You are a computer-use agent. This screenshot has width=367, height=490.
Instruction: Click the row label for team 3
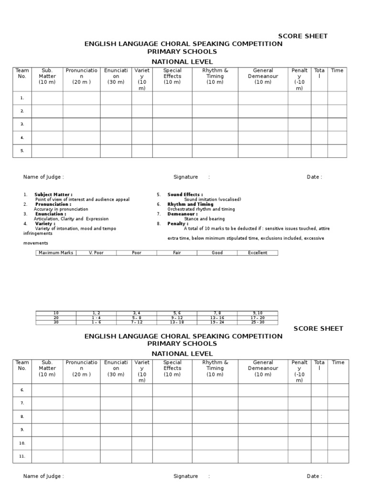coord(22,124)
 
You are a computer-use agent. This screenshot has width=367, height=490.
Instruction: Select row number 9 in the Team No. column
coord(22,430)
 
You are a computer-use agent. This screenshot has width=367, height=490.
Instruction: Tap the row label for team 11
coord(22,457)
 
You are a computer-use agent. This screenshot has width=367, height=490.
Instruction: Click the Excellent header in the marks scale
coord(258,253)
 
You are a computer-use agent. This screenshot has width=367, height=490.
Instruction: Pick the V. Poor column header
coord(97,253)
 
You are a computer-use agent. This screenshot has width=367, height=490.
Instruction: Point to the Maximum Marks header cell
coord(56,253)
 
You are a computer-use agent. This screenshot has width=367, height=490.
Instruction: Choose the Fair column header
coord(177,253)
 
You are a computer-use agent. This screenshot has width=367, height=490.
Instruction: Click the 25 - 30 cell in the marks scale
coord(258,322)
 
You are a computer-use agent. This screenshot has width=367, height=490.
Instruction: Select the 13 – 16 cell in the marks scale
coord(217,318)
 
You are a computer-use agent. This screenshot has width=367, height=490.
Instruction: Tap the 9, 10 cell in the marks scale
coord(258,313)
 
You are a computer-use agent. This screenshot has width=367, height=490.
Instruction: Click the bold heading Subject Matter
coord(53,195)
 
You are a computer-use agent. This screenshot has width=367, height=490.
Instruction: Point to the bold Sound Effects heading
coord(185,195)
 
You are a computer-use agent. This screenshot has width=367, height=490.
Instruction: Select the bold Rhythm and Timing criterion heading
coord(190,204)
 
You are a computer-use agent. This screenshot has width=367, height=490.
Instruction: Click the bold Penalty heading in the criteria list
coord(177,223)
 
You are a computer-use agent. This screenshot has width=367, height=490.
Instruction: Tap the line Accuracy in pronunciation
coord(61,209)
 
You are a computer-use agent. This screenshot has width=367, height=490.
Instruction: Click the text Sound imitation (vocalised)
coord(213,200)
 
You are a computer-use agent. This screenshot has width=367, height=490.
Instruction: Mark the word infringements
coord(38,234)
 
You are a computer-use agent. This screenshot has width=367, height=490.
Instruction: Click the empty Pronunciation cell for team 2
coord(81,111)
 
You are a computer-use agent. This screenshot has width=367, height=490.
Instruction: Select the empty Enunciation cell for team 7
coord(116,403)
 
